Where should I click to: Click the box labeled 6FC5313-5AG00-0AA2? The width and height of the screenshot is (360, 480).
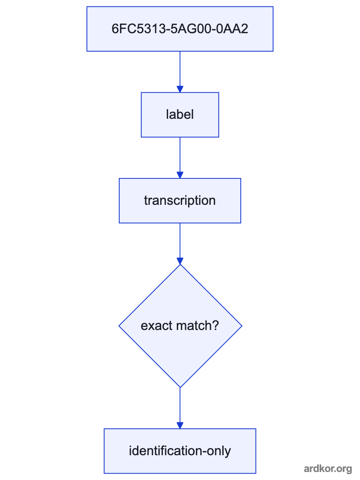click(180, 29)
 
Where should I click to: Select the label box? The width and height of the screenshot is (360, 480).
click(180, 115)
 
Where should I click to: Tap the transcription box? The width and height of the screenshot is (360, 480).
click(180, 201)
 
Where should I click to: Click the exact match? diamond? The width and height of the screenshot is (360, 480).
click(180, 326)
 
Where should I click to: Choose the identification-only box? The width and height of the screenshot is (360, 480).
click(180, 451)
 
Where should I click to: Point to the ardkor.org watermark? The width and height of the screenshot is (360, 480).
click(328, 468)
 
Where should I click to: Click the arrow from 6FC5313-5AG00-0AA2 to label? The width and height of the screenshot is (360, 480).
click(180, 72)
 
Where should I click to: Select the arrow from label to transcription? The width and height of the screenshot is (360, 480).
click(180, 158)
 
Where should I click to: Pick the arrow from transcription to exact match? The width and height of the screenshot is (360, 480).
click(180, 244)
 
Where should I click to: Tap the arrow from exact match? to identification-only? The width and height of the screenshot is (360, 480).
click(180, 408)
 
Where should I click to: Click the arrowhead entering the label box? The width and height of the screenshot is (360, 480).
click(180, 89)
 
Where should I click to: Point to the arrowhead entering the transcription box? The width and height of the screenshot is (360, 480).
click(180, 175)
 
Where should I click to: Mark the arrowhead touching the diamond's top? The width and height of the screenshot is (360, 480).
click(180, 261)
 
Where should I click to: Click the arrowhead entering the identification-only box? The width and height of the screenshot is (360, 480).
click(180, 426)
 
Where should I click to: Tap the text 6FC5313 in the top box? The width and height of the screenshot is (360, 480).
click(138, 29)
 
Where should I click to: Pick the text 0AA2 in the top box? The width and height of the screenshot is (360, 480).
click(232, 29)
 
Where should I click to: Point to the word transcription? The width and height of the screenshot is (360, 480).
click(180, 201)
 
